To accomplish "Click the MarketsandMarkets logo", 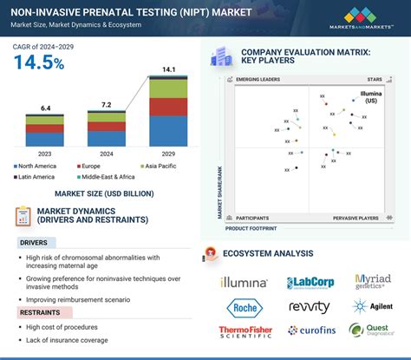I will pyautogui.click(x=365, y=16).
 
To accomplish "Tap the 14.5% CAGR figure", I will pyautogui.click(x=40, y=62).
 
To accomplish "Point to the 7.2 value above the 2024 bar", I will pyautogui.click(x=107, y=104).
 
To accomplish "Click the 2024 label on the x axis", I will pyautogui.click(x=107, y=153).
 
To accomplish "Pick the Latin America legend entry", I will pyautogui.click(x=37, y=176).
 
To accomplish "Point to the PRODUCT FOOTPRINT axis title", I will pyautogui.click(x=251, y=228).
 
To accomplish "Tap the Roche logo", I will pyautogui.click(x=245, y=307).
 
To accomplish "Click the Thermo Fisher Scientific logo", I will pyautogui.click(x=245, y=331).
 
